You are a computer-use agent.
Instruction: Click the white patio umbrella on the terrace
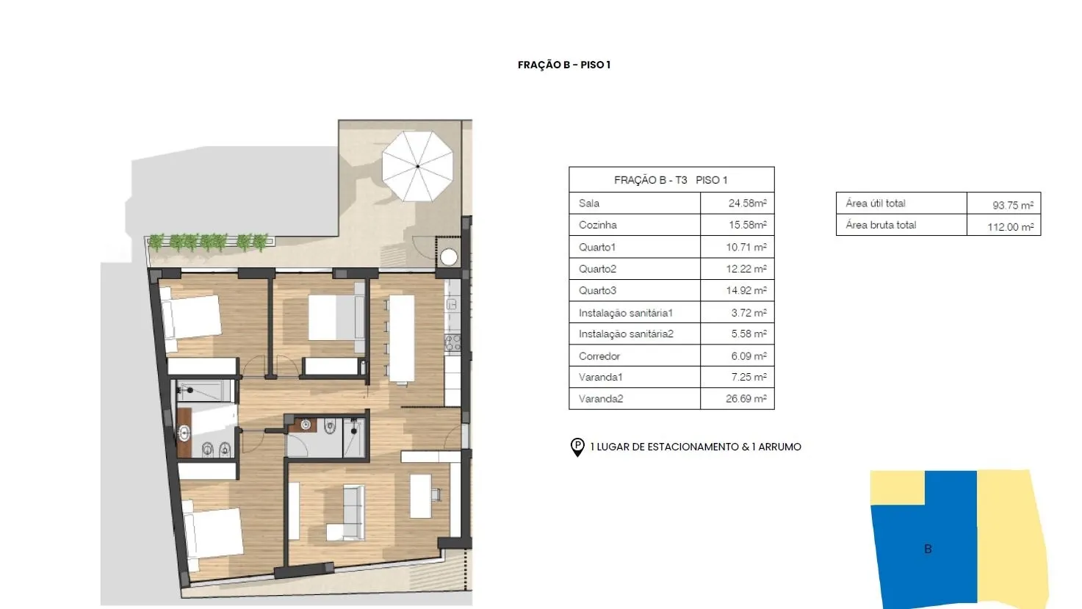(417, 166)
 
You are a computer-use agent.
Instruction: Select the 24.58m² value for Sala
(747, 203)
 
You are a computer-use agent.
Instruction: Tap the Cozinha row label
(597, 225)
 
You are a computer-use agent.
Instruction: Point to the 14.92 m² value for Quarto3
(746, 291)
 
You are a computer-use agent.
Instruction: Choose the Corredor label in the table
(599, 356)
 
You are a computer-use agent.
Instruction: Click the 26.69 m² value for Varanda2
(746, 399)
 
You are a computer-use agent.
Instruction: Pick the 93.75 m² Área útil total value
(1013, 205)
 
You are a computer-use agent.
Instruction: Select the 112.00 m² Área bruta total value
(1011, 227)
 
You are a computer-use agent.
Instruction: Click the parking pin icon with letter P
(577, 447)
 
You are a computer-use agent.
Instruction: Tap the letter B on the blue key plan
(928, 549)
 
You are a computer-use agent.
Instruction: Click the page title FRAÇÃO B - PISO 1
(564, 65)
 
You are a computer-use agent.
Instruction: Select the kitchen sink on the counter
(452, 304)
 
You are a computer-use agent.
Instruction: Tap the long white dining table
(401, 339)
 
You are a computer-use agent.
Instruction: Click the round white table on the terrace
(449, 257)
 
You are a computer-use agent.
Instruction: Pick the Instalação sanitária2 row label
(626, 334)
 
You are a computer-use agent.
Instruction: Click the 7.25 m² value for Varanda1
(749, 377)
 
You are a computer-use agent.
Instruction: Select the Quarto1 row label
(597, 248)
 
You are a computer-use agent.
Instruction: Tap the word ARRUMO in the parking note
(779, 447)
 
